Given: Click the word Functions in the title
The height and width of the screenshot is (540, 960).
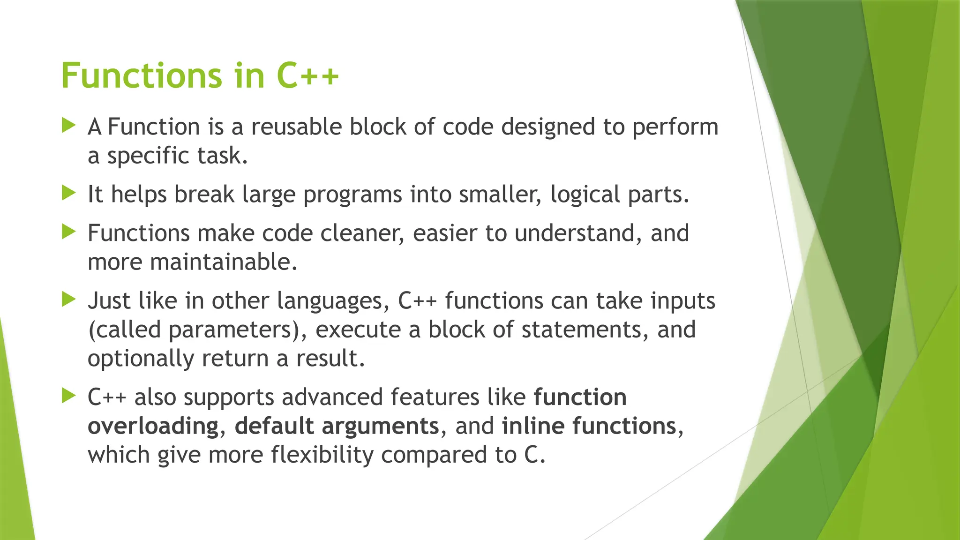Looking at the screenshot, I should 141,75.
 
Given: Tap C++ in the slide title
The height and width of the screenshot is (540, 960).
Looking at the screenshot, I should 307,75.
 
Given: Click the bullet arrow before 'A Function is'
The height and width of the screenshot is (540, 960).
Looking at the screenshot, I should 68,125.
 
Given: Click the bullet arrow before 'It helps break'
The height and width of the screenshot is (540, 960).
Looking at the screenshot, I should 68,193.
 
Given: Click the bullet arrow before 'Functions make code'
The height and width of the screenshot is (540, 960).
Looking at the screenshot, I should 68,231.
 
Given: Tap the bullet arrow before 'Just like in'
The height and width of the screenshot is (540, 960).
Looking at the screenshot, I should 68,299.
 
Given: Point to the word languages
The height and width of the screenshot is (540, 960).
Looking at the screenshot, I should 333,301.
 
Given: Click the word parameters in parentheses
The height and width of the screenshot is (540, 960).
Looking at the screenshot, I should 230,330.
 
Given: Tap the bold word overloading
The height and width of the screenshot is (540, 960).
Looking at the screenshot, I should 153,427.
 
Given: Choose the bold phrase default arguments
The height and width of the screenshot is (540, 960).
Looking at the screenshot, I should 337,427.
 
